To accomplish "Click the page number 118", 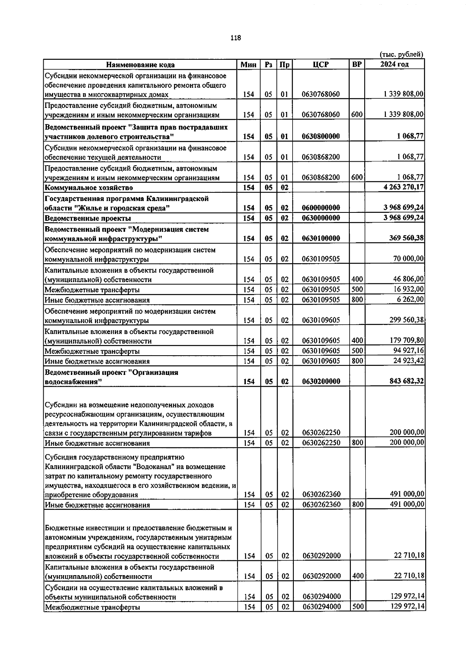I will point(236,38).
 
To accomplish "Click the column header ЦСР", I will point(321,65).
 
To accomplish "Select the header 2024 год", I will point(394,64).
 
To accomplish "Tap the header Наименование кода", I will point(140,65).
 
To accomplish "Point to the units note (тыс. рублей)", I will point(401,55).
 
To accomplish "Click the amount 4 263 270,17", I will point(404,187).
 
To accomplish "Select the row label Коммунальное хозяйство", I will point(89,188).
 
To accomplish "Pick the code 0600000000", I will point(321,208).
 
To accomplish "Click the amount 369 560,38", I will point(406,238).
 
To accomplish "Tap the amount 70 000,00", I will point(409,258).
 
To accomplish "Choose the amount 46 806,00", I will point(409,279).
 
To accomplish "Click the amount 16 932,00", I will point(409,289).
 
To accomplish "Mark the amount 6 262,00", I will point(411,299).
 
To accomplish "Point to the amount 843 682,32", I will point(406,381).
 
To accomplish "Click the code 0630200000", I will point(321,382).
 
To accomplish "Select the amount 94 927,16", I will point(409,351).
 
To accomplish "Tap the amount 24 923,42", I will point(409,361).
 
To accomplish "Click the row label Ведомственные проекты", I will point(88,218).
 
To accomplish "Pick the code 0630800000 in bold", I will point(321,137).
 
